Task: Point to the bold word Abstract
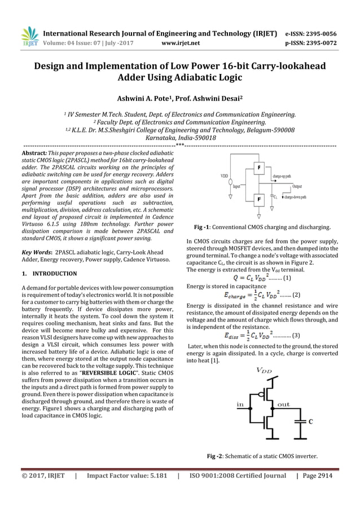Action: (x=30, y=153)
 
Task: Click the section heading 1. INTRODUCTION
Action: (x=48, y=274)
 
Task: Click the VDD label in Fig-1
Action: (x=224, y=176)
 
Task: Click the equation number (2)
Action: (x=296, y=295)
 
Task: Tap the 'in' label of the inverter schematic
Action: (x=240, y=404)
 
